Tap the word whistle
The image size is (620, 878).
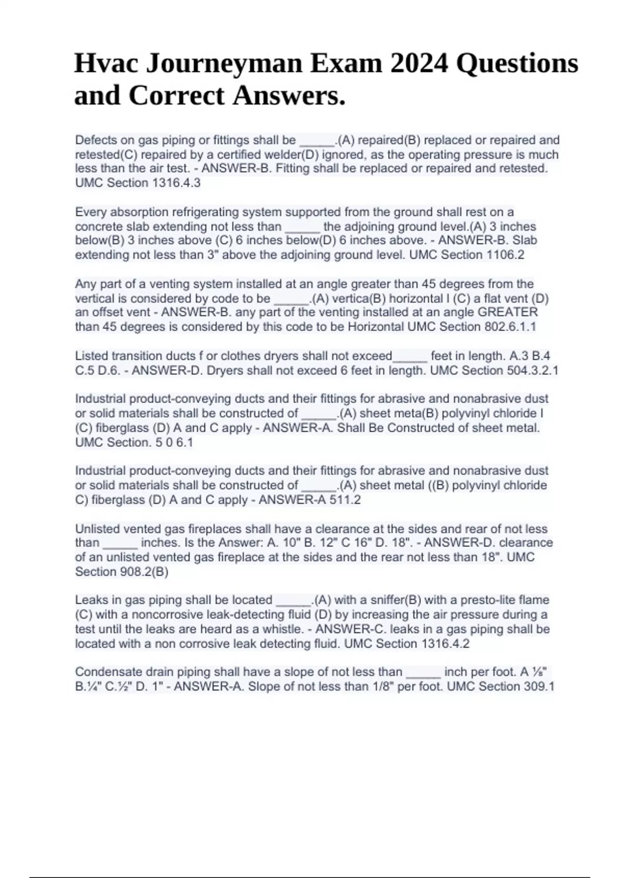tap(288, 629)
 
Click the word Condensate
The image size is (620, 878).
tap(106, 672)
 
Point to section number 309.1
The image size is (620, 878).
tap(538, 686)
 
